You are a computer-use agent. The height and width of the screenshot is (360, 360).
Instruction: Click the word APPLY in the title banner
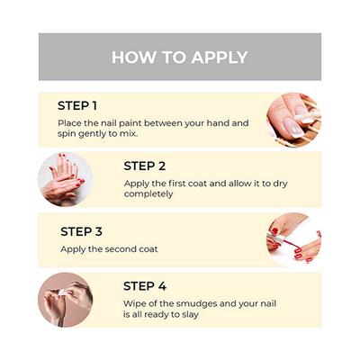pyautogui.click(x=220, y=57)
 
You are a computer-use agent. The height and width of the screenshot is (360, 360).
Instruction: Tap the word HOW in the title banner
pyautogui.click(x=134, y=57)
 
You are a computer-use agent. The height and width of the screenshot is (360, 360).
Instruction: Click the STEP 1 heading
pyautogui.click(x=77, y=106)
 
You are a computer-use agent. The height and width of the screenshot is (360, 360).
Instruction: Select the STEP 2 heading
pyautogui.click(x=145, y=166)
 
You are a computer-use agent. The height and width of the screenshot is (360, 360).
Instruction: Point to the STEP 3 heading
pyautogui.click(x=81, y=231)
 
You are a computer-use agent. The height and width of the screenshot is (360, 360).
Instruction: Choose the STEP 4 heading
pyautogui.click(x=145, y=286)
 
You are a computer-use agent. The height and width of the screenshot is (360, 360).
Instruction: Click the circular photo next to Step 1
pyautogui.click(x=293, y=120)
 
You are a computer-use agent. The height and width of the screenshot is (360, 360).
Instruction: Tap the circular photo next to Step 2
pyautogui.click(x=66, y=179)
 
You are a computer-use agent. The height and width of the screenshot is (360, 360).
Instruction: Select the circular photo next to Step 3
pyautogui.click(x=293, y=239)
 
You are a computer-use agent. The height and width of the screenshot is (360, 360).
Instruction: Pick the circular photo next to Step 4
pyautogui.click(x=66, y=300)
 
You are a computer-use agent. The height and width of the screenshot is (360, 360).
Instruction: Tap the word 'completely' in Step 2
pyautogui.click(x=148, y=194)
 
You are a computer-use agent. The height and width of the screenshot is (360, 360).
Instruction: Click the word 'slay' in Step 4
pyautogui.click(x=190, y=315)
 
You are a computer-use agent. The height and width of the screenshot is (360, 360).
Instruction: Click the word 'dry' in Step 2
pyautogui.click(x=280, y=184)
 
